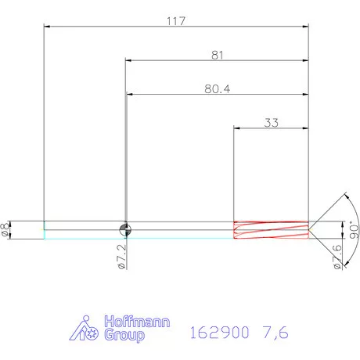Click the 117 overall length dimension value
tap(175, 20)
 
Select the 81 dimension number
tap(218, 55)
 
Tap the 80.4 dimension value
tap(216, 89)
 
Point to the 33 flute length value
tap(272, 123)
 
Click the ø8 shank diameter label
tap(7, 229)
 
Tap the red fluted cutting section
tap(271, 229)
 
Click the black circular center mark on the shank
tap(125, 229)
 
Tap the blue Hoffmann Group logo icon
tap(85, 329)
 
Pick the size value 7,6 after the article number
tap(275, 332)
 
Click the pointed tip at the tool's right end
tap(311, 229)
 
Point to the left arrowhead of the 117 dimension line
tap(47, 27)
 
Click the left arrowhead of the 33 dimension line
tap(238, 128)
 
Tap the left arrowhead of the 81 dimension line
tap(128, 60)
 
